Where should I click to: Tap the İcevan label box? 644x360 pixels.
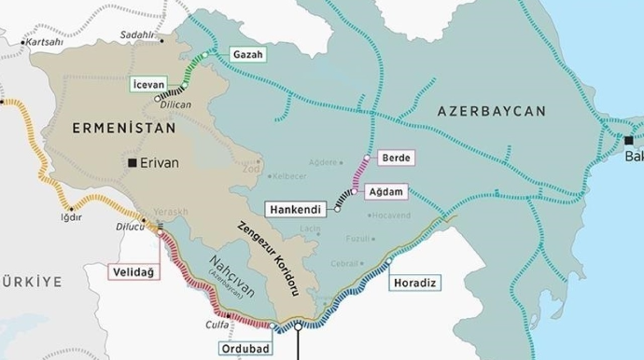[153, 85]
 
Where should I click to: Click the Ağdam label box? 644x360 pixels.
[392, 190]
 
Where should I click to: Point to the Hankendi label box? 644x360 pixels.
[298, 210]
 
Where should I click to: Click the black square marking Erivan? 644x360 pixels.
[134, 163]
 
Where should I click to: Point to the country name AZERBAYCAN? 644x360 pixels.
[490, 111]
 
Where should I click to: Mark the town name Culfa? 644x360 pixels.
[217, 325]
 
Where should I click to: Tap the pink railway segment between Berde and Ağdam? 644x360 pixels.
[361, 174]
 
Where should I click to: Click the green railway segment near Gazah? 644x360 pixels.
[197, 68]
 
